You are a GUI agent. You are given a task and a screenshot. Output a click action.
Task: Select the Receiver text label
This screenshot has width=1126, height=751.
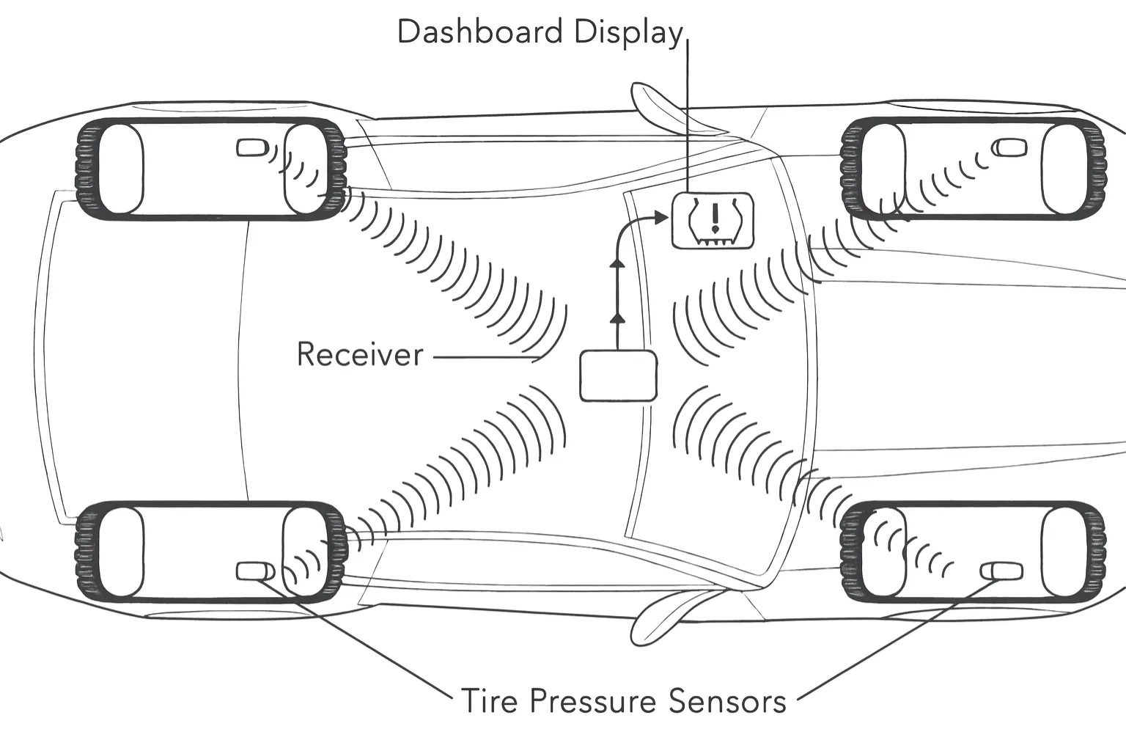[360, 355]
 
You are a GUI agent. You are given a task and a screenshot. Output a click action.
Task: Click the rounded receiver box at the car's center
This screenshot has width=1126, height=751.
[618, 376]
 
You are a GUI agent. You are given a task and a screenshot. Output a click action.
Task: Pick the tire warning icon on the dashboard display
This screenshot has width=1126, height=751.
[713, 220]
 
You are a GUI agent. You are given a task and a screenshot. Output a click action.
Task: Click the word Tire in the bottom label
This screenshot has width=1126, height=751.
[489, 701]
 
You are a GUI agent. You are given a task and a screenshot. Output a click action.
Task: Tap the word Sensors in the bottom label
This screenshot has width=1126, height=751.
[727, 701]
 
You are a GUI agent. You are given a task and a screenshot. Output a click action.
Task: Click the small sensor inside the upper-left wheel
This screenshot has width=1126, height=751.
[251, 148]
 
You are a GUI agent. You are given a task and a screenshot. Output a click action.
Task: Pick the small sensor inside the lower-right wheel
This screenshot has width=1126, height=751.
[1002, 571]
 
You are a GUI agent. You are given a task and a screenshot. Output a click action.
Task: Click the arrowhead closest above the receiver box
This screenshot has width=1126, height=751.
[617, 317]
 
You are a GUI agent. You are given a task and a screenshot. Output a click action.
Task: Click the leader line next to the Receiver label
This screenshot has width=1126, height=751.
[484, 358]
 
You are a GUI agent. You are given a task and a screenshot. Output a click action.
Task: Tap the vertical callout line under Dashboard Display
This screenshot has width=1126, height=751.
[688, 117]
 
